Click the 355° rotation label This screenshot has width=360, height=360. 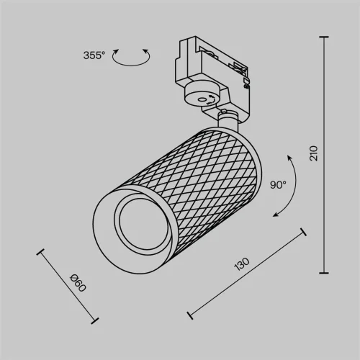[94, 55]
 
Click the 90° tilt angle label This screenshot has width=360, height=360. [278, 184]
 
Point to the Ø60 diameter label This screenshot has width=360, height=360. [78, 284]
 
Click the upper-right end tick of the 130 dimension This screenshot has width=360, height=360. [305, 232]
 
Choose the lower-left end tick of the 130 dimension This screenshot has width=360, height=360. [189, 315]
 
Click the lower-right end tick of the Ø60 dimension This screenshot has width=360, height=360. [95, 321]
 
